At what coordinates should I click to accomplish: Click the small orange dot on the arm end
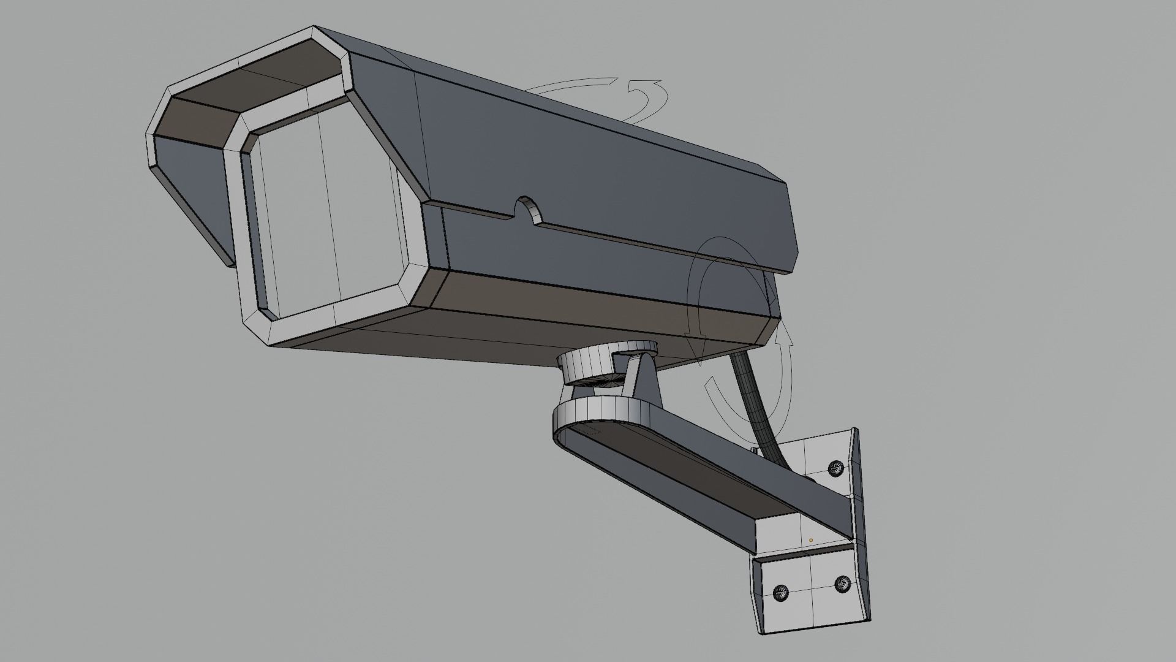tap(811, 540)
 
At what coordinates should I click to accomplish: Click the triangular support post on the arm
tap(643, 380)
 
